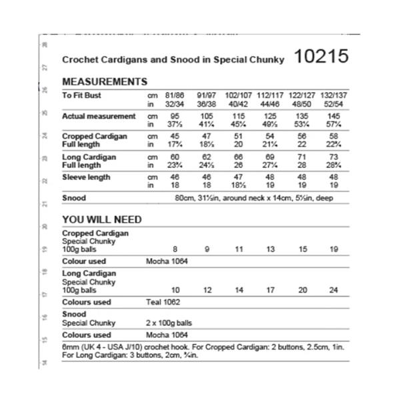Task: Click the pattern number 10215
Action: click(x=321, y=58)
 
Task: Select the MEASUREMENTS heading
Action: click(x=105, y=82)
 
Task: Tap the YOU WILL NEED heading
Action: click(x=101, y=219)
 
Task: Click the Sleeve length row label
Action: click(x=86, y=177)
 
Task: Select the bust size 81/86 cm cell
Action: click(x=175, y=95)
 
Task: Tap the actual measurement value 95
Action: click(x=175, y=116)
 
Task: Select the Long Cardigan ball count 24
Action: click(x=333, y=290)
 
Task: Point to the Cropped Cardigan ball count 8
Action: click(x=175, y=249)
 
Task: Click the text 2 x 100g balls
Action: click(x=173, y=323)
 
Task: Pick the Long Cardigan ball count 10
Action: click(x=175, y=290)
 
